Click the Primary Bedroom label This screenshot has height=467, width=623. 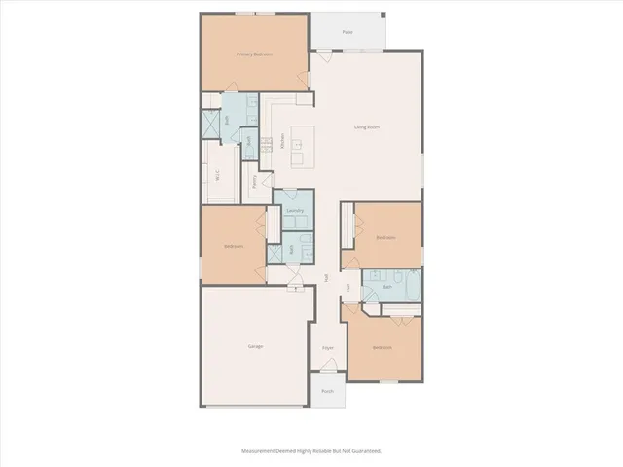[254, 54]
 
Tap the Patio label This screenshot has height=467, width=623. [347, 32]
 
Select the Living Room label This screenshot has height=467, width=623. [366, 126]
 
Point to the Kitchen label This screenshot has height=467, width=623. [282, 142]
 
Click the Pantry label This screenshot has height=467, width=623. [254, 180]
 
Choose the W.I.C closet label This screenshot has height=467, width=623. [217, 175]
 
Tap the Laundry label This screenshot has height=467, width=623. [295, 210]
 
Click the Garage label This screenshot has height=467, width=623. [255, 346]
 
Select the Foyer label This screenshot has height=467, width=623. [328, 347]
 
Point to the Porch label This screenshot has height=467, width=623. [327, 391]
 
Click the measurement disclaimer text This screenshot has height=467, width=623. [311, 451]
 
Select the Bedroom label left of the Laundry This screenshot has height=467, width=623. [234, 246]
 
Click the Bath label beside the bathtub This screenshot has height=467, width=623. [386, 287]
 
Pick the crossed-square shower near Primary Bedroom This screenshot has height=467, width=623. [211, 125]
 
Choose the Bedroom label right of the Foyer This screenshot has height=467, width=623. [382, 347]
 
